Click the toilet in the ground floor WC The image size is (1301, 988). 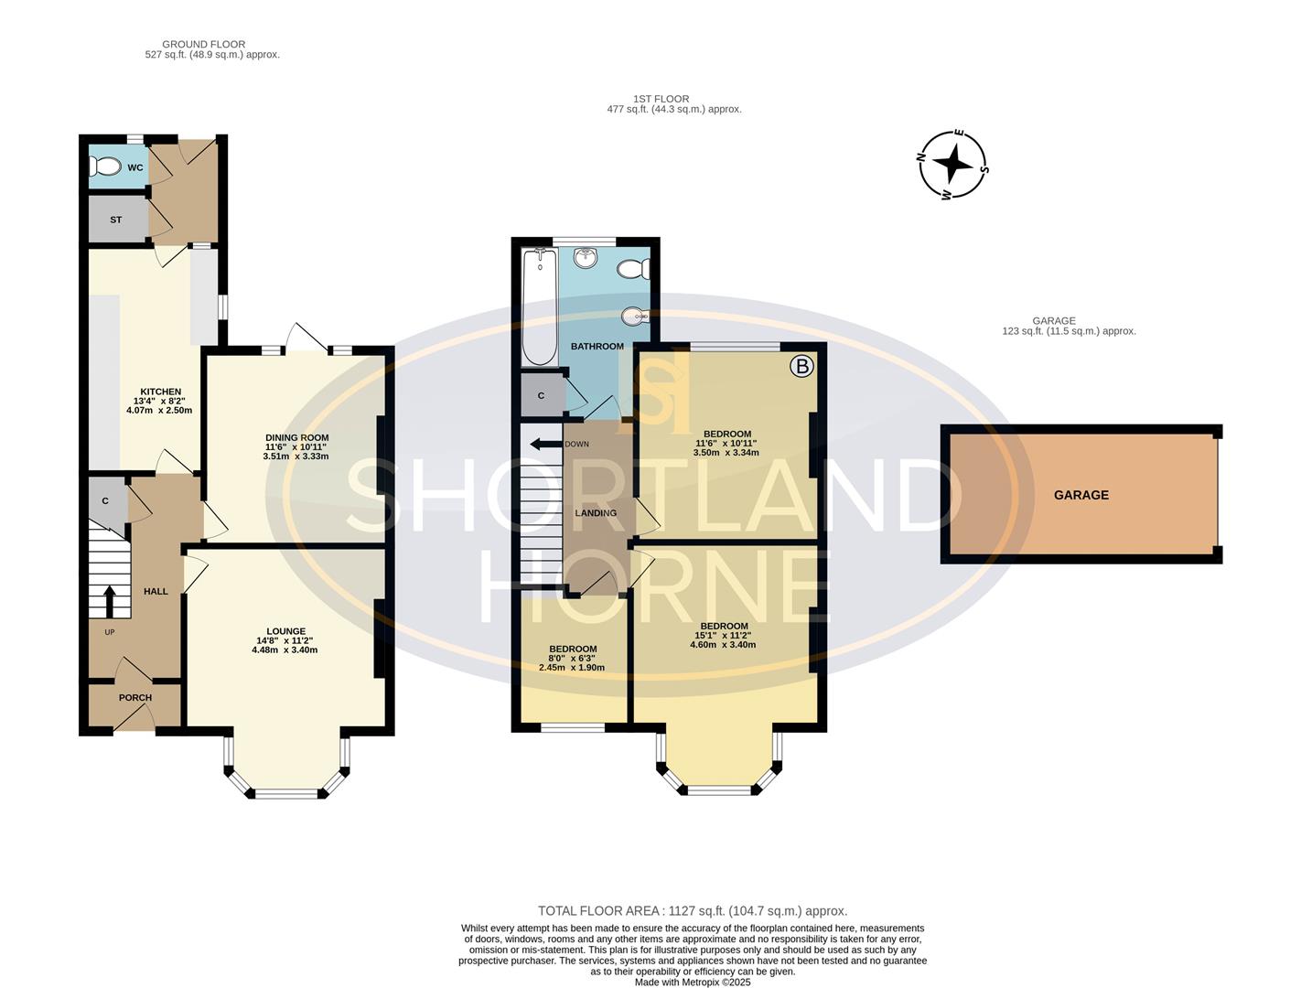pyautogui.click(x=104, y=166)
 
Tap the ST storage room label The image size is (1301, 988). pyautogui.click(x=115, y=220)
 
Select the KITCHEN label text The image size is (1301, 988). pyautogui.click(x=161, y=392)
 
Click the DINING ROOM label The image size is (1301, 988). pyautogui.click(x=297, y=437)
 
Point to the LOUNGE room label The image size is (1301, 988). pyautogui.click(x=285, y=632)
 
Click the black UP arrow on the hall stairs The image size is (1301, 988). pyautogui.click(x=110, y=602)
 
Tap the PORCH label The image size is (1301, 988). pyautogui.click(x=135, y=698)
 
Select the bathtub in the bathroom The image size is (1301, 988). pyautogui.click(x=540, y=306)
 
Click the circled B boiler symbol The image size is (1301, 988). pyautogui.click(x=802, y=367)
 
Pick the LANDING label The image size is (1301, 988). pyautogui.click(x=596, y=513)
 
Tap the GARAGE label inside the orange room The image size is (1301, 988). pyautogui.click(x=1081, y=495)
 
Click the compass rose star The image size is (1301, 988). pyautogui.click(x=952, y=164)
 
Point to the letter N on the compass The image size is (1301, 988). pyautogui.click(x=921, y=157)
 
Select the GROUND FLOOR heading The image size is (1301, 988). pyautogui.click(x=203, y=45)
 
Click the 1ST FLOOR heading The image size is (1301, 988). pyautogui.click(x=661, y=99)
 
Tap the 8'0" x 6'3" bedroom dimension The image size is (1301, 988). pyautogui.click(x=572, y=659)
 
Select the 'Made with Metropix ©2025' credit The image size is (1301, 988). pyautogui.click(x=693, y=983)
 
